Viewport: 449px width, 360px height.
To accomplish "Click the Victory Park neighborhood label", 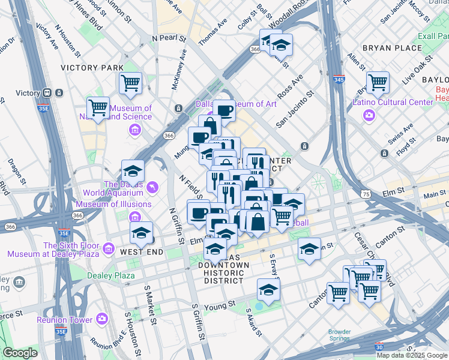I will (92, 68).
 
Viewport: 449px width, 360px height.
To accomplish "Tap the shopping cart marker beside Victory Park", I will (130, 83).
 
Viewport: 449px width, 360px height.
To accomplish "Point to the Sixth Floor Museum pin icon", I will (109, 248).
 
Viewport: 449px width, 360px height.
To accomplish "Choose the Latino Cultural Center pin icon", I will (370, 114).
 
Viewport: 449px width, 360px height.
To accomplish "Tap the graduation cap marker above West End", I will (142, 233).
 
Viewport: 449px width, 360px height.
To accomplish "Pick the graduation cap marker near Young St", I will (268, 290).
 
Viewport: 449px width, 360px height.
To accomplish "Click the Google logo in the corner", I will (20, 352).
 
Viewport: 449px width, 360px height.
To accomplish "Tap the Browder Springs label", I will (339, 335).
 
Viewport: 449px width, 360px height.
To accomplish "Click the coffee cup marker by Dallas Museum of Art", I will (224, 110).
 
